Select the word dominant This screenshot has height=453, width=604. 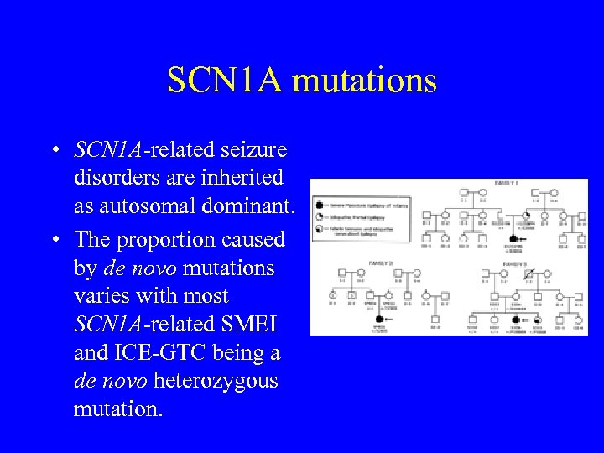point(249,207)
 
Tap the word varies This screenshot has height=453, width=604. point(102,296)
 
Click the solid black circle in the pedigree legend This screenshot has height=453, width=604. point(320,204)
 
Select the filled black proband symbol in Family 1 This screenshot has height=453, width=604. point(513,240)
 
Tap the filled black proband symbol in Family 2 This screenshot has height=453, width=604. point(378,319)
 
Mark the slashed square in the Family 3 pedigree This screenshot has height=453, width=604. point(528,273)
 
